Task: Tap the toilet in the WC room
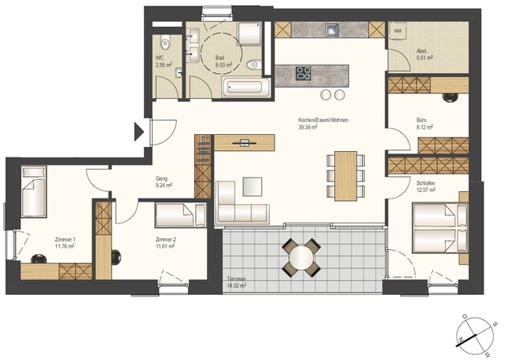pyautogui.click(x=164, y=43)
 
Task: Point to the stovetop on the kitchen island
pyautogui.click(x=304, y=74)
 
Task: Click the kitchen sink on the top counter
pyautogui.click(x=332, y=31)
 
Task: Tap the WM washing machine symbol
pyautogui.click(x=398, y=31)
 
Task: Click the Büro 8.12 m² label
pyautogui.click(x=424, y=124)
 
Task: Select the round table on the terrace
pyautogui.click(x=301, y=256)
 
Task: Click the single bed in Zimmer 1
pyautogui.click(x=34, y=191)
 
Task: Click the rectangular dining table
pyautogui.click(x=345, y=175)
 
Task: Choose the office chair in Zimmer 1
pyautogui.click(x=38, y=258)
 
